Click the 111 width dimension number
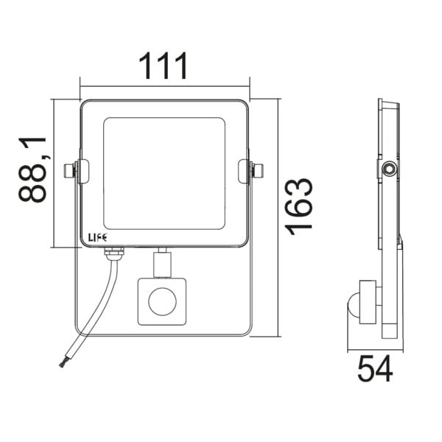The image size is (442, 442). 163,66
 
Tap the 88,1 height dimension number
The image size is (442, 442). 32,169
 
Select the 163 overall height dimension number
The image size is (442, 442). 299,206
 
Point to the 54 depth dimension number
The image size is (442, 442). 375,368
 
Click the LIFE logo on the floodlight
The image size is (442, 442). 97,238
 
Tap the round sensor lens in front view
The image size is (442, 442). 162,301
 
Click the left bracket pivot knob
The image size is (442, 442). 69,171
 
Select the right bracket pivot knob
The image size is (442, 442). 259,171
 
